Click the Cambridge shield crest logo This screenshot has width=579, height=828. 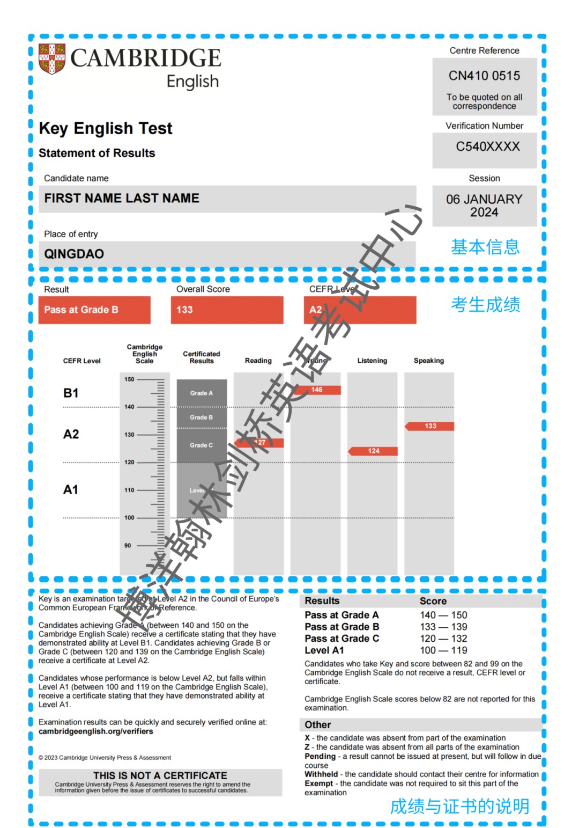click(x=52, y=59)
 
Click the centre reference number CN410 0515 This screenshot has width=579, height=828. click(x=484, y=76)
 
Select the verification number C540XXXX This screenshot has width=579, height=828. click(x=487, y=146)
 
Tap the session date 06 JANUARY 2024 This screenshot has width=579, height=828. click(x=484, y=206)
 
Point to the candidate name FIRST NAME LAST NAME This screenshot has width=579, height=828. click(x=122, y=199)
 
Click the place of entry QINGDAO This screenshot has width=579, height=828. click(x=74, y=254)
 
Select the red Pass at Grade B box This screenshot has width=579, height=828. click(x=94, y=310)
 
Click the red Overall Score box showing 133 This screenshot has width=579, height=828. click(x=227, y=310)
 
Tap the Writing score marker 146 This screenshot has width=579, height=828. click(x=317, y=390)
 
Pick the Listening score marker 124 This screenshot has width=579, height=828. click(x=374, y=451)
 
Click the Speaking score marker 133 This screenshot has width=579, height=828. click(x=430, y=426)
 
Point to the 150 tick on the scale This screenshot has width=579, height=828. click(x=130, y=379)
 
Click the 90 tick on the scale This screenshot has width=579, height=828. click(x=128, y=546)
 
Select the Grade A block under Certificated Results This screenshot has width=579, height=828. click(x=202, y=393)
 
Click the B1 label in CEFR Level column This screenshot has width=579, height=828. click(x=71, y=393)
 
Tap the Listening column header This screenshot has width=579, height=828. click(x=372, y=361)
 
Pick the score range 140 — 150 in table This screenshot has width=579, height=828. click(x=443, y=615)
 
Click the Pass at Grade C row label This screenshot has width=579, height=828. click(x=342, y=639)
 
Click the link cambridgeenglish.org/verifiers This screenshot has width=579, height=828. click(x=95, y=731)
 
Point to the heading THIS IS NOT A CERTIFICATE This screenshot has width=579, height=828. click(x=160, y=775)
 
